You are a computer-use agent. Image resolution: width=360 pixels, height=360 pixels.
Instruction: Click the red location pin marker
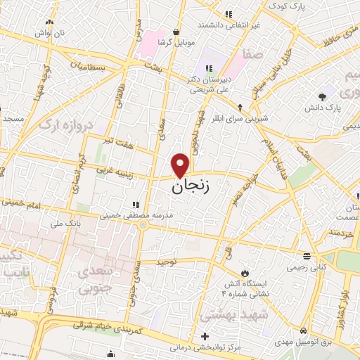[x=181, y=165]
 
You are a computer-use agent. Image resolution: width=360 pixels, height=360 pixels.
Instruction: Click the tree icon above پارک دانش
[x=323, y=96]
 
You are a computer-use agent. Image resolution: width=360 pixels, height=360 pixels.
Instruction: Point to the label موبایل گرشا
[x=157, y=42]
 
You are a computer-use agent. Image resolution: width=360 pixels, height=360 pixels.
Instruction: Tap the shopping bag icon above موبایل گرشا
[x=175, y=32]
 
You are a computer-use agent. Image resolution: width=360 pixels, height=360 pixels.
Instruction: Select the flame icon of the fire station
[x=245, y=272]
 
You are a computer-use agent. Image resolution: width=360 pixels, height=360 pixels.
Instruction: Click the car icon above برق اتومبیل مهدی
[x=302, y=330]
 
